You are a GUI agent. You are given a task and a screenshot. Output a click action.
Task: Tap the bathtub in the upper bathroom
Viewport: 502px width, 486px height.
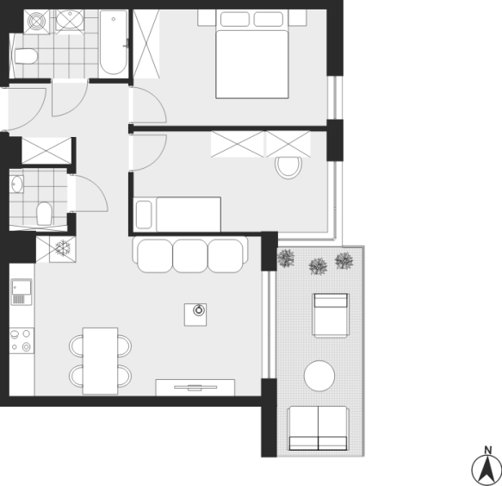coord(114,42)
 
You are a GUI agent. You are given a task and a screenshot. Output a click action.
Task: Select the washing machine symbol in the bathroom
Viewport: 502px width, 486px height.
coord(36,22)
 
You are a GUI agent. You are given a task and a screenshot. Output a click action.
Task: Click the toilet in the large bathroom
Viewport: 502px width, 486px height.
coord(26,56)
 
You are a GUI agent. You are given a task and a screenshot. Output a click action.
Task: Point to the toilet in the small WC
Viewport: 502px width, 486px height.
coord(44,214)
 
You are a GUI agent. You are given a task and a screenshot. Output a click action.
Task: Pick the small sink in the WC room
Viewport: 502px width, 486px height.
coord(16,184)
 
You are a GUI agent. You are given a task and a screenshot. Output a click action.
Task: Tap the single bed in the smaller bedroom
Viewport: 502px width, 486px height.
coord(177,214)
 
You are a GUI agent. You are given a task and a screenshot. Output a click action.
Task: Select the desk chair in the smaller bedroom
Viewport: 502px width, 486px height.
coord(288,167)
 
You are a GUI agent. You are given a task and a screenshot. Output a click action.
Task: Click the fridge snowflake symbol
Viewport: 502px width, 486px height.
coord(63,248)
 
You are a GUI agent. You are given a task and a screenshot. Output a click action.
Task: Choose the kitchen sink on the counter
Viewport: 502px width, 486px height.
coord(22,292)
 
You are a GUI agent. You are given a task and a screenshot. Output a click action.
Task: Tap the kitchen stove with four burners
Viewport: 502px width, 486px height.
coord(22,340)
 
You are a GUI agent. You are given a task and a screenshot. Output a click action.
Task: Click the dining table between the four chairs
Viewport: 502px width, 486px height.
coord(100,361)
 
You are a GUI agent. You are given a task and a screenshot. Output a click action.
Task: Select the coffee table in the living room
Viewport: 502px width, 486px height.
coord(195,315)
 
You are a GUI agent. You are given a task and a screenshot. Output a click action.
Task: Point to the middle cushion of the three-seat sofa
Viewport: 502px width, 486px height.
coord(190,256)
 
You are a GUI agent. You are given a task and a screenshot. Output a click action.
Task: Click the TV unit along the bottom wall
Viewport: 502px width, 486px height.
coord(195,388)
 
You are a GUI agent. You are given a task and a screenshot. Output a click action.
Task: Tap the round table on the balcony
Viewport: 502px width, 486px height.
coord(319,376)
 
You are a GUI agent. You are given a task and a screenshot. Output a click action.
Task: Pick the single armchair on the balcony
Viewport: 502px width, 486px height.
coord(331,315)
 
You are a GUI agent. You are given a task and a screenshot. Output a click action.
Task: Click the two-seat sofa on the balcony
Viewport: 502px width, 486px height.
coord(318,428)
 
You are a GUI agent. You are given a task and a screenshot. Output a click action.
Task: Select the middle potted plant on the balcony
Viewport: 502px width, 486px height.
coord(318,266)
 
